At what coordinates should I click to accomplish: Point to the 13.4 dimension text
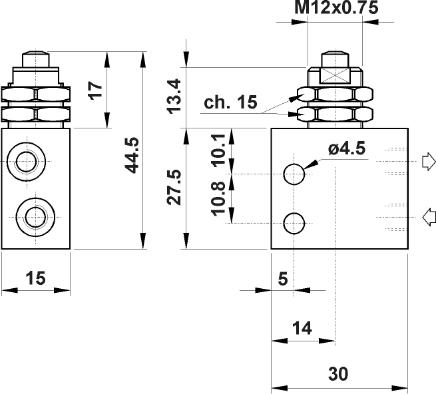pos(174,95)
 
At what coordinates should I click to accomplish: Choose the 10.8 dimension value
pos(218,199)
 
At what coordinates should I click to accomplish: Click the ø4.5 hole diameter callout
pos(346,148)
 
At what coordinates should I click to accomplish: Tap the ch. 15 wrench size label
pos(230,104)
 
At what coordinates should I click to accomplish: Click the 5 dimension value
pos(282,280)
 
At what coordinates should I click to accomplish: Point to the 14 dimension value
pos(302,327)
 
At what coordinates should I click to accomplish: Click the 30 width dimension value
pos(338,374)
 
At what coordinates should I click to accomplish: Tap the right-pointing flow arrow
pos(427,162)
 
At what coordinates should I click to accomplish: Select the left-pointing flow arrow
pos(429,214)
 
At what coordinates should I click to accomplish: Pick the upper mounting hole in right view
pos(294,174)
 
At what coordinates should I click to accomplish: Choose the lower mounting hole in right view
pos(294,223)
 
